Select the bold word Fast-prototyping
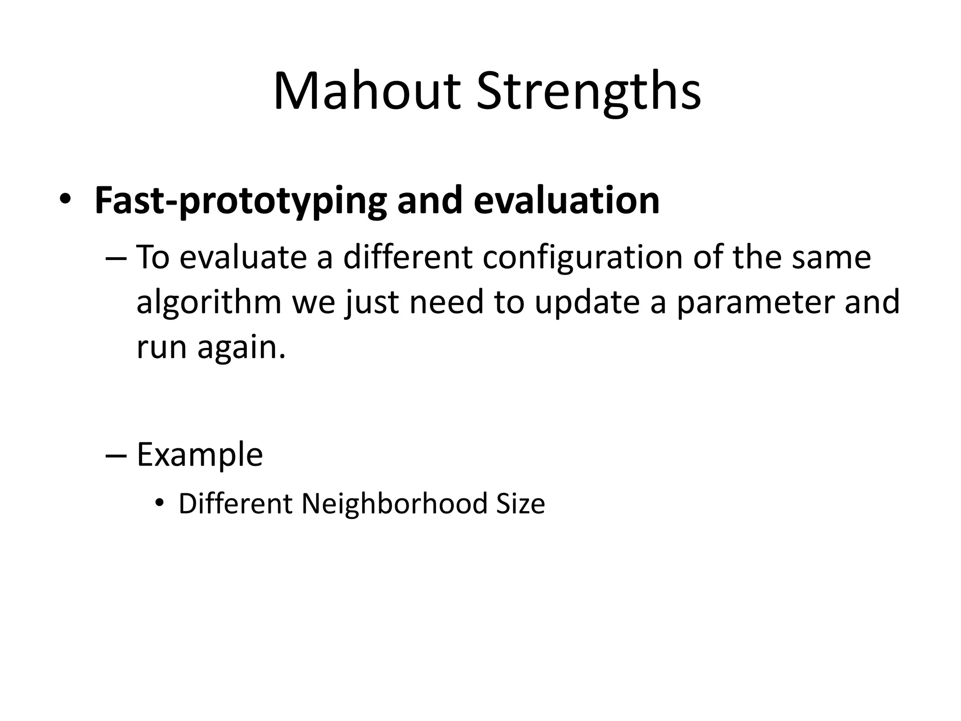(x=240, y=200)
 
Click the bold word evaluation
(x=566, y=200)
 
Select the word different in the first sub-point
(x=407, y=257)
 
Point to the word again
(x=241, y=348)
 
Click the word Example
(x=199, y=454)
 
